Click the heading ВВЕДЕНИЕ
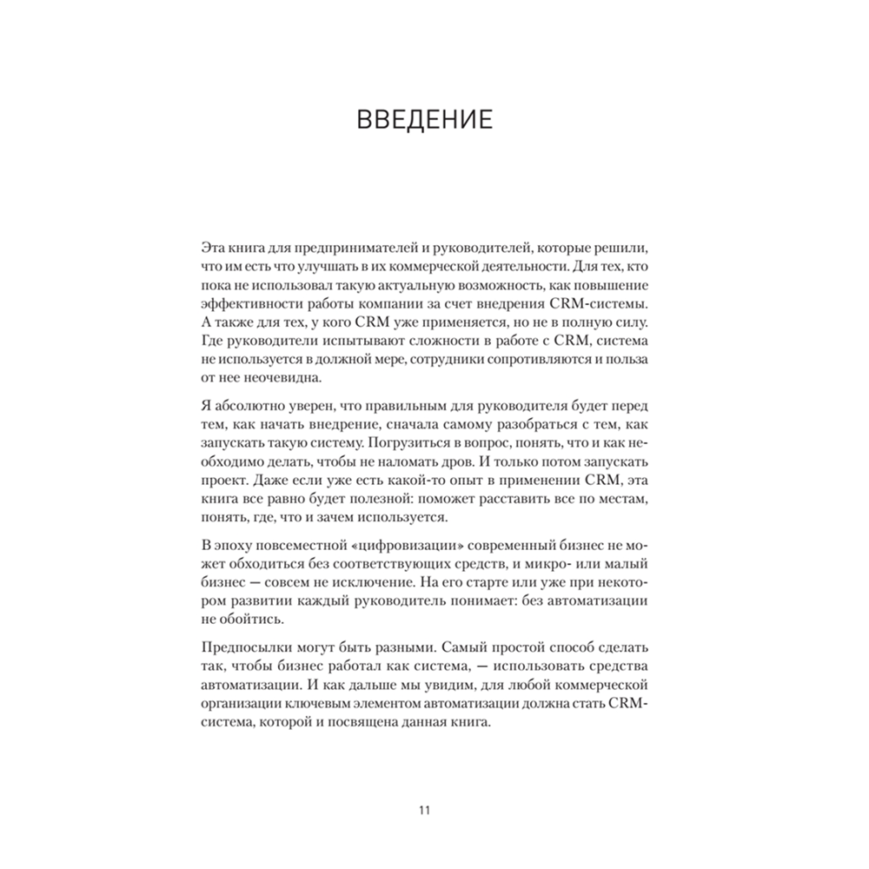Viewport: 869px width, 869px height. click(x=425, y=119)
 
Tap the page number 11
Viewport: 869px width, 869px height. click(x=424, y=812)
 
